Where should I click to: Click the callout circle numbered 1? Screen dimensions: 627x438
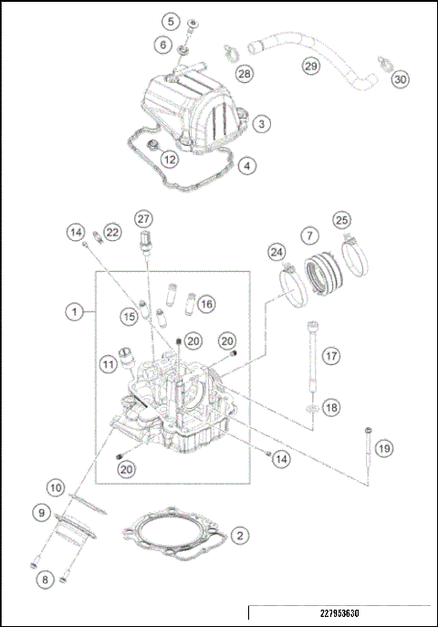click(72, 311)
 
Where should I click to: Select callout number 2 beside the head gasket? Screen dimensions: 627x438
click(238, 535)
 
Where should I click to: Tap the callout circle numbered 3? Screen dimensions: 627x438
click(261, 122)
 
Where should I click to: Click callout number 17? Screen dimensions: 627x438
click(329, 354)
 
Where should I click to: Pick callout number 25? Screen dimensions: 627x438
click(341, 220)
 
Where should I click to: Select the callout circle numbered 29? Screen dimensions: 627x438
click(311, 66)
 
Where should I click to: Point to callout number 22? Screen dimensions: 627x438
click(111, 232)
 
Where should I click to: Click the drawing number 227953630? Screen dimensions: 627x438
click(339, 612)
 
